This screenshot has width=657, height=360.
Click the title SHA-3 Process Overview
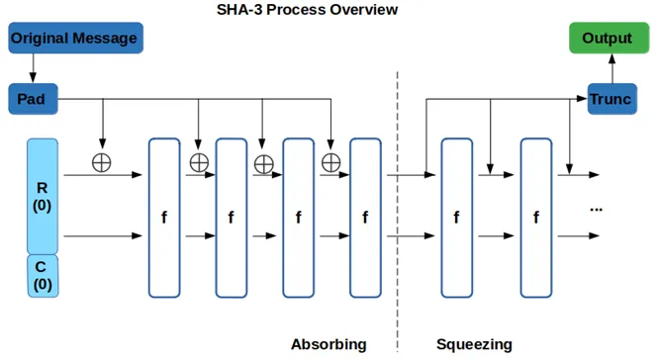307,10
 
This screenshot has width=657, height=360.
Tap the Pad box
33,99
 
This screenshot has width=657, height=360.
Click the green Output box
607,38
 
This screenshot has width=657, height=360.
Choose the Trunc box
610,99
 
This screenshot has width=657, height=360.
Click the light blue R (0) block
42,196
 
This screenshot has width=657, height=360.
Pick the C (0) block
42,275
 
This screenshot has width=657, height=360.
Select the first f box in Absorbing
163,218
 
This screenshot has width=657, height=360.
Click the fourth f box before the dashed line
365,218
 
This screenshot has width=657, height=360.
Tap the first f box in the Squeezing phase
456,218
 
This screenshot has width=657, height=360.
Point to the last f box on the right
535,218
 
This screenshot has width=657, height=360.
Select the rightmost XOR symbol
330,162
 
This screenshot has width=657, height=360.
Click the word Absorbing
328,344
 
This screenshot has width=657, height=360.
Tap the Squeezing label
474,344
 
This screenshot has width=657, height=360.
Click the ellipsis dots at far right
597,209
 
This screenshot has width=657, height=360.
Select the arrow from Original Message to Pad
34,69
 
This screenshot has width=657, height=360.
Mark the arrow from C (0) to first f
104,236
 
